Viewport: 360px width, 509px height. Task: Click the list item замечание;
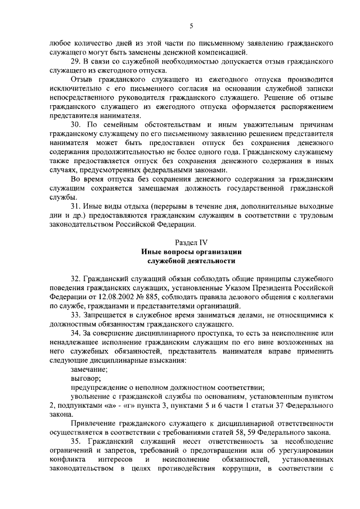tap(89, 369)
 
